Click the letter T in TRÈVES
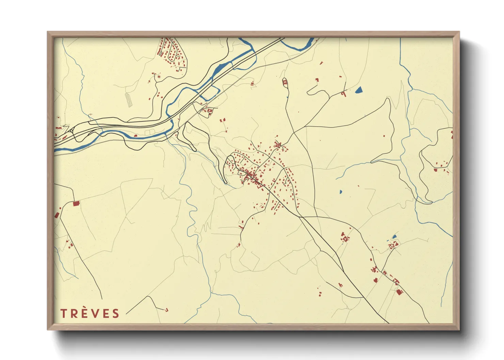[63, 313]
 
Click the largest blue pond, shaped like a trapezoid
[359, 90]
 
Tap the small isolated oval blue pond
[341, 192]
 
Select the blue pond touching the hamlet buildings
[394, 236]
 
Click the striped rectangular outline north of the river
[128, 100]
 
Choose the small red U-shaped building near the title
[167, 310]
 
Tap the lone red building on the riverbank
[136, 135]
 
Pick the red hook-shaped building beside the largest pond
[344, 93]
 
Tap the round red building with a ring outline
[159, 77]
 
